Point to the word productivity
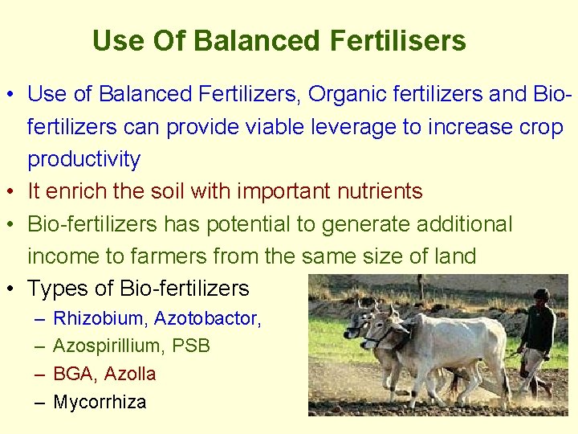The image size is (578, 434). [83, 159]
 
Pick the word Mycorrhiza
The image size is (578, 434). [100, 402]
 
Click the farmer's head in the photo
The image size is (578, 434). [542, 295]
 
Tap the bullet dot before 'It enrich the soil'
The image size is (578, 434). [15, 192]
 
